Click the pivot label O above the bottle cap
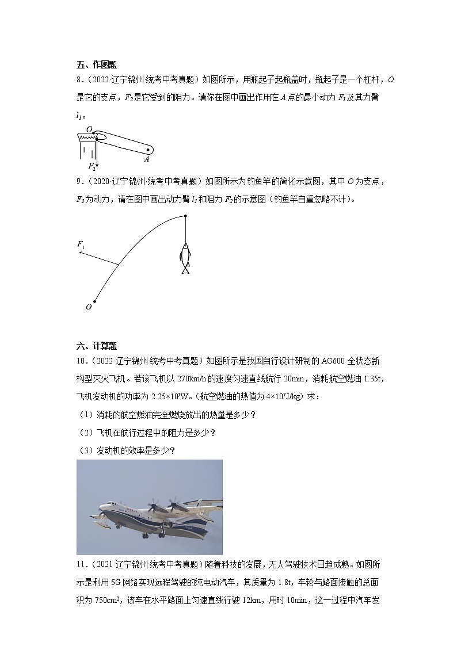pos(89,129)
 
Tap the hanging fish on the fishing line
pos(185,257)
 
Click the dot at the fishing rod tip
pos(185,216)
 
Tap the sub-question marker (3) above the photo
pos(84,450)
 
